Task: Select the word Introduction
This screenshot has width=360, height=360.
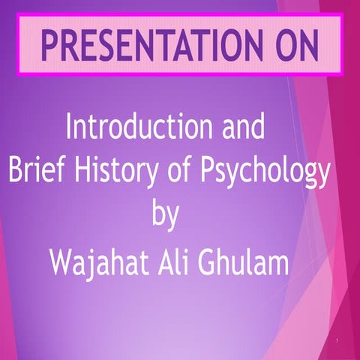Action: pos(132,128)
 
